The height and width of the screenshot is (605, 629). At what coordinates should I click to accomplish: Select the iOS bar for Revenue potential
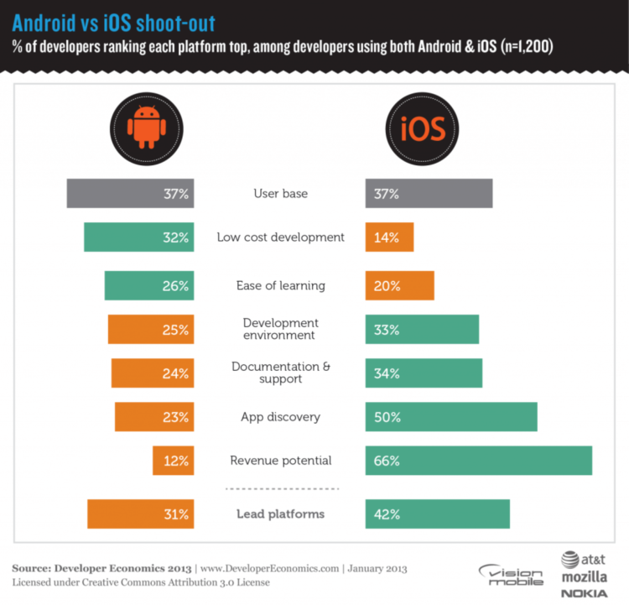pyautogui.click(x=479, y=461)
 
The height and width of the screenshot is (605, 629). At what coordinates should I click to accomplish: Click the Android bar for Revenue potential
pyautogui.click(x=174, y=461)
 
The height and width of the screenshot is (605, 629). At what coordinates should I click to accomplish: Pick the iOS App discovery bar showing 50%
pyautogui.click(x=451, y=417)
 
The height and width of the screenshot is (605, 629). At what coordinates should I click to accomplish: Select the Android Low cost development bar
pyautogui.click(x=139, y=237)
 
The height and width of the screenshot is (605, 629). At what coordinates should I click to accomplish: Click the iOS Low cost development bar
pyautogui.click(x=389, y=237)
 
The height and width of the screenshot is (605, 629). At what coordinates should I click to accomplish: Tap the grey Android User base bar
pyautogui.click(x=131, y=193)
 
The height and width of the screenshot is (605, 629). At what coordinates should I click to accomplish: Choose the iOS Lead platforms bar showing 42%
pyautogui.click(x=437, y=514)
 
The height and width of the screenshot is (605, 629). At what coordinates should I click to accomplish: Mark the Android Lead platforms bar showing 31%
pyautogui.click(x=141, y=514)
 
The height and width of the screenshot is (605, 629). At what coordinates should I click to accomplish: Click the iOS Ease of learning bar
pyautogui.click(x=399, y=285)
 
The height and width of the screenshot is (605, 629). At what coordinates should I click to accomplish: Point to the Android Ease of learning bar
pyautogui.click(x=149, y=285)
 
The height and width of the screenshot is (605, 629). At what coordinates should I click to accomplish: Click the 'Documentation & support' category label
pyautogui.click(x=280, y=373)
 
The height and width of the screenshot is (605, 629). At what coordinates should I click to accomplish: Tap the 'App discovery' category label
pyautogui.click(x=280, y=417)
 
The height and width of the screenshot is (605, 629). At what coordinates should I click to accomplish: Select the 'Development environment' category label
pyautogui.click(x=280, y=329)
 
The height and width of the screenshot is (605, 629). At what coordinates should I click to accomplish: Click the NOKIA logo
pyautogui.click(x=585, y=593)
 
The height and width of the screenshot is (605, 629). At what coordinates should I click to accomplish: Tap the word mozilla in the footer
pyautogui.click(x=585, y=576)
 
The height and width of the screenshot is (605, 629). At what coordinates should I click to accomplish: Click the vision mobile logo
pyautogui.click(x=511, y=575)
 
